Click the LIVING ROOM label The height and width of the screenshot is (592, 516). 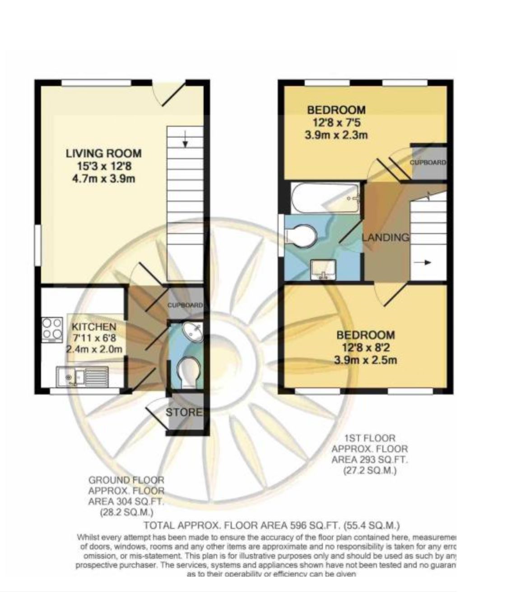pos(103,153)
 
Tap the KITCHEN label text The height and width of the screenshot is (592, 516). pos(94,326)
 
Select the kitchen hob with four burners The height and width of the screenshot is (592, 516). pos(52,329)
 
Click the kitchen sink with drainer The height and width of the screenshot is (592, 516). pos(82,376)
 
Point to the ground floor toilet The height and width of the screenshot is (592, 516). pos(190,372)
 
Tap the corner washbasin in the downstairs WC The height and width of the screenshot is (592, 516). pos(193,332)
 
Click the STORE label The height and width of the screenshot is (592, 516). pos(184,412)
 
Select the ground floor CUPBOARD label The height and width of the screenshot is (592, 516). pos(185,305)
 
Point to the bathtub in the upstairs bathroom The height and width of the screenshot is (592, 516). pos(325,198)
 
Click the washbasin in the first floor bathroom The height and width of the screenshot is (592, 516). pos(323,270)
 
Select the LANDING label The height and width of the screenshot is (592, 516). pos(386,237)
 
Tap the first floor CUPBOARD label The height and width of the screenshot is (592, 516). pos(428,163)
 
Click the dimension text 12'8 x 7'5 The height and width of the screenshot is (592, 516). pos(336,122)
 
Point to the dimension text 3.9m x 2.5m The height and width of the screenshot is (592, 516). pos(365,360)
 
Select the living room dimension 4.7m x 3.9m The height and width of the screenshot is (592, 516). pos(103,179)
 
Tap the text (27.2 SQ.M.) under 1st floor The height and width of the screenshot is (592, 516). pos(369,471)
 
